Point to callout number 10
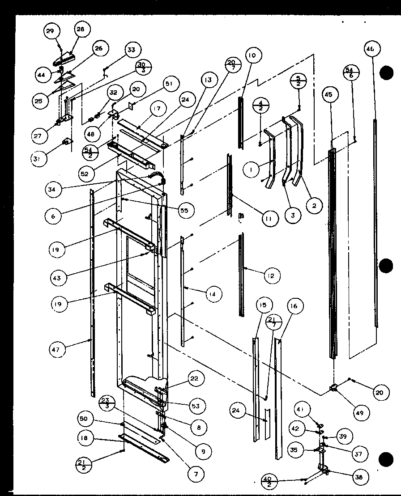point(252,55)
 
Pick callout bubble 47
point(58,348)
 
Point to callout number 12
point(271,276)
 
